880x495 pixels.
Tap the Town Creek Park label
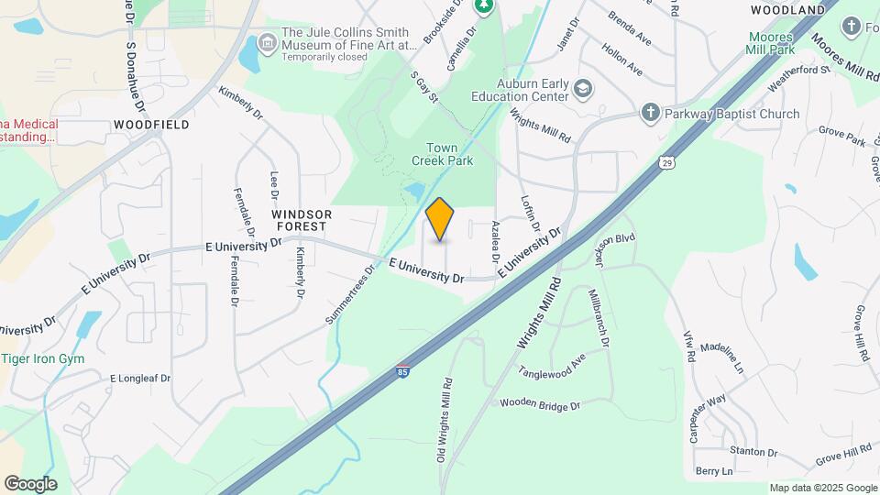[448, 154]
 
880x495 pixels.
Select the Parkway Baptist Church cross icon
[650, 113]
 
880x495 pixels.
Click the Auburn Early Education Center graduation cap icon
[582, 88]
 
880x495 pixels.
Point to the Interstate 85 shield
[402, 370]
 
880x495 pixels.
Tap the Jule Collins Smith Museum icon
[268, 42]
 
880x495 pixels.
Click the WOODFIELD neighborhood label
[152, 124]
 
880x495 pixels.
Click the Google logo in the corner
[30, 483]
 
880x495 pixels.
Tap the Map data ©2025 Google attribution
[823, 488]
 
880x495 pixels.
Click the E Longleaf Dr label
[140, 378]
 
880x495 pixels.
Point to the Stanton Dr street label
[753, 453]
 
